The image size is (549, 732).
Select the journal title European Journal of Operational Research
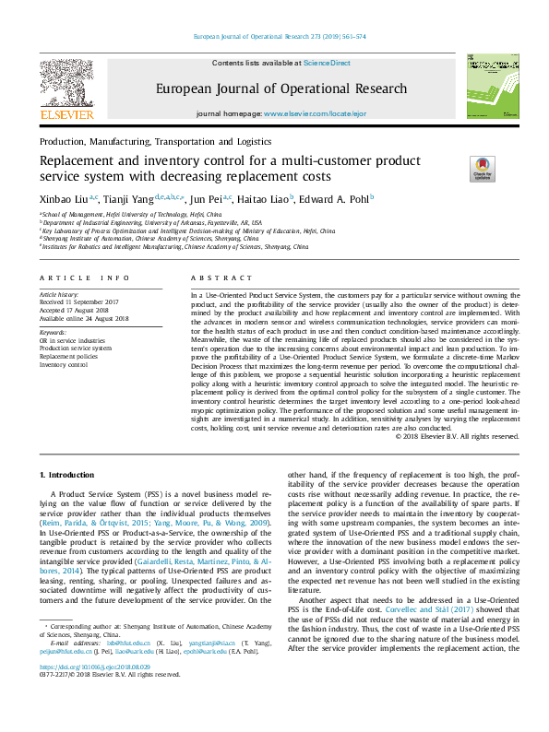280,89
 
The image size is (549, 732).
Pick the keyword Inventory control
65,364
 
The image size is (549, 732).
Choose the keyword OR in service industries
72,340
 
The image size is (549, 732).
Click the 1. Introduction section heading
66,474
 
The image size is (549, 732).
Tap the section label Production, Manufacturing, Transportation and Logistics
155,143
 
